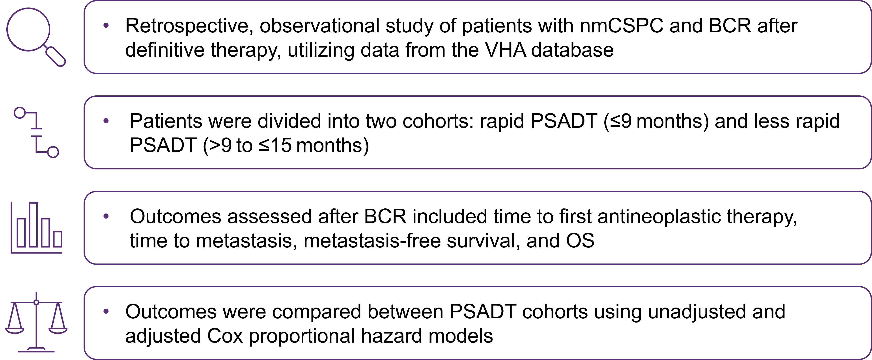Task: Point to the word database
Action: [572, 50]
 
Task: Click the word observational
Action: [319, 26]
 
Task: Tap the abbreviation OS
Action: [580, 241]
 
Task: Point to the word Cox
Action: [225, 336]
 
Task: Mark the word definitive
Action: [165, 50]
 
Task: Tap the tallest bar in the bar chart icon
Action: [33, 225]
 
